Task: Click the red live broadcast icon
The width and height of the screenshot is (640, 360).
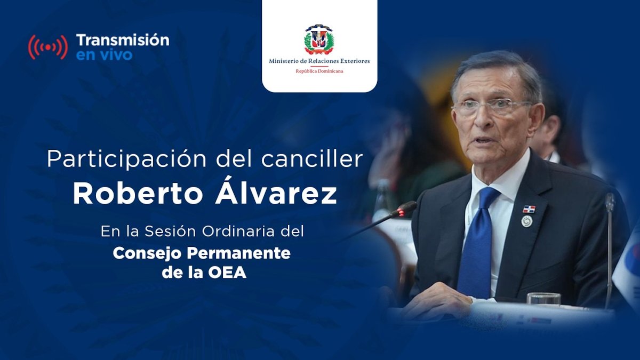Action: [48, 47]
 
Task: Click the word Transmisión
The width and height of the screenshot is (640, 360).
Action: [123, 41]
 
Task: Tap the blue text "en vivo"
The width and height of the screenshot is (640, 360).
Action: [105, 55]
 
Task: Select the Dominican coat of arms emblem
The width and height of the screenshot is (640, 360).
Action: [319, 39]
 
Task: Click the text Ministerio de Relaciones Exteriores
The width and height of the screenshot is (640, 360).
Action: [319, 61]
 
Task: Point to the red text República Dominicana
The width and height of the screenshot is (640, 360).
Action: [319, 71]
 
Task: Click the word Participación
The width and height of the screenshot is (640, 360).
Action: [126, 159]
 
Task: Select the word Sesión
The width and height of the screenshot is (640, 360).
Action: [166, 231]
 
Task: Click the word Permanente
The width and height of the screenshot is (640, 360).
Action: [238, 253]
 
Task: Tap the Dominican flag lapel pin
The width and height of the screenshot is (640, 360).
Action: [529, 210]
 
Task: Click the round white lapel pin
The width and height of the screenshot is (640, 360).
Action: [526, 221]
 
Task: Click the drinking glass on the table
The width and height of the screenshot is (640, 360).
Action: [543, 299]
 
